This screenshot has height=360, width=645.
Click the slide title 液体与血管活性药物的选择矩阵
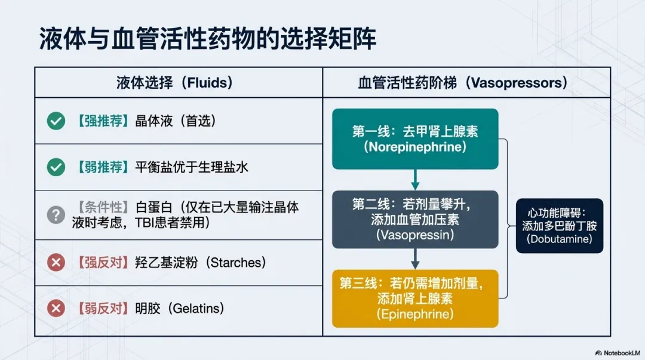click(208, 39)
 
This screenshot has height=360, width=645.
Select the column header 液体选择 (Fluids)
click(174, 82)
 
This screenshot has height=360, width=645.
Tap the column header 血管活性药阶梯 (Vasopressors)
click(463, 82)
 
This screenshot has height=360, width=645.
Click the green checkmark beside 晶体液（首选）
click(56, 121)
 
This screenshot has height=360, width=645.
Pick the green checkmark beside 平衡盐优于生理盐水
click(56, 167)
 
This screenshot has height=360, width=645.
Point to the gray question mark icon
click(56, 215)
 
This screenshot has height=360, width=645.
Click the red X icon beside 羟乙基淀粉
click(56, 262)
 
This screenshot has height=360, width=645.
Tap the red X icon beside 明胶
click(56, 309)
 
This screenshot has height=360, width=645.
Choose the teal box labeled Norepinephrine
click(415, 139)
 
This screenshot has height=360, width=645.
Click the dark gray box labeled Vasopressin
click(415, 219)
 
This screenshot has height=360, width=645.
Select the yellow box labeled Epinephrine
click(415, 298)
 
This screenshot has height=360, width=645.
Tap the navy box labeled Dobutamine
click(560, 226)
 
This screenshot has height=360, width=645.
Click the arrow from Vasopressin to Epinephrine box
click(415, 259)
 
